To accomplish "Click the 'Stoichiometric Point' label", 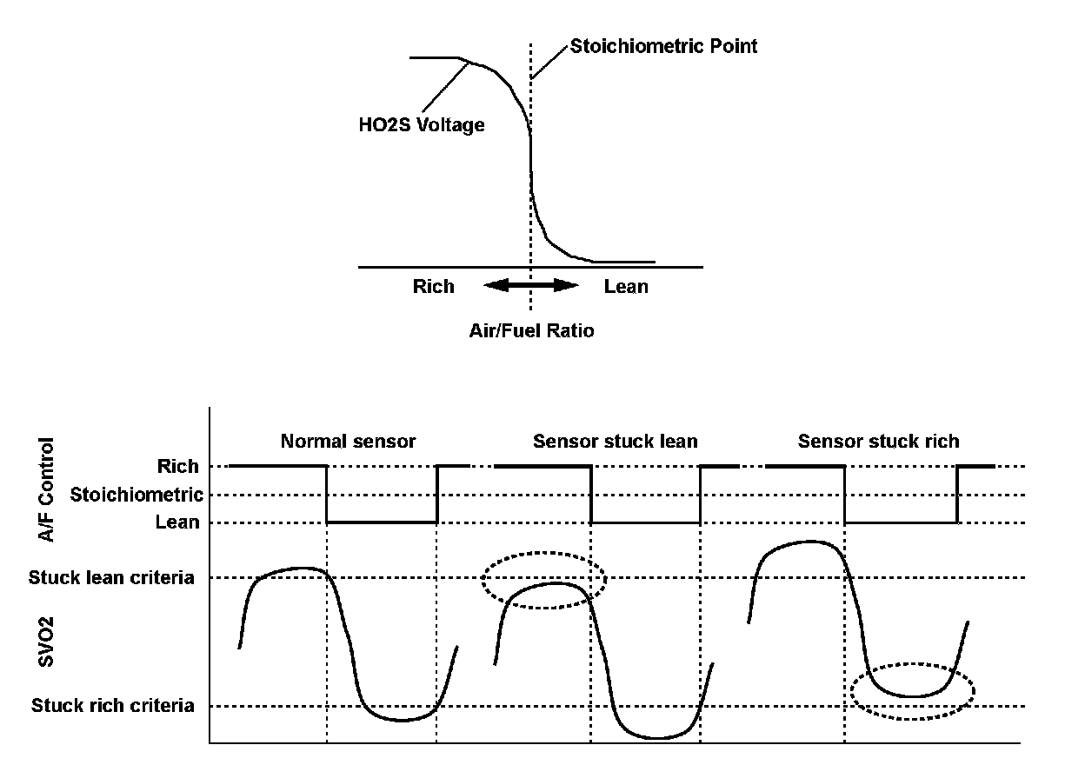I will pos(663,46).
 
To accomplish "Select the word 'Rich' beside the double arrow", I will pos(433,286).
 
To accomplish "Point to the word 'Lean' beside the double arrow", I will pos(626,286).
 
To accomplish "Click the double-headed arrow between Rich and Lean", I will pos(530,285).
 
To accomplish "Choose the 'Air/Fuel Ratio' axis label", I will pos(529,330).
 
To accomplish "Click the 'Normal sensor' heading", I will pos(348,442).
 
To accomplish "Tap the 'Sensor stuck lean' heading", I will pos(615,442).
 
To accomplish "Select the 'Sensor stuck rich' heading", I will pos(878,442).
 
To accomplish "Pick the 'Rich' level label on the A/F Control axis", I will pos(177,467).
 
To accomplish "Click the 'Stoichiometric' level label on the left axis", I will pos(136,496).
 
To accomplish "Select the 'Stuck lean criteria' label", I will pos(111,577).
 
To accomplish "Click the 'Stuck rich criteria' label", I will pos(113,706).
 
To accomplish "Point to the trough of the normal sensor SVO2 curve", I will pos(400,719).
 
